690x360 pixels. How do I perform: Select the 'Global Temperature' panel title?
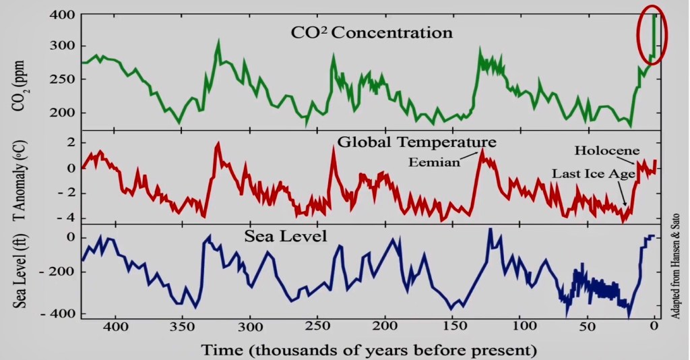point(416,142)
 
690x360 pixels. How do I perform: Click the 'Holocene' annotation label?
point(606,150)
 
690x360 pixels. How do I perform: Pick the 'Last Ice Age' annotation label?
point(594,173)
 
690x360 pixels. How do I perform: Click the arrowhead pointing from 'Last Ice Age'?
point(625,205)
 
